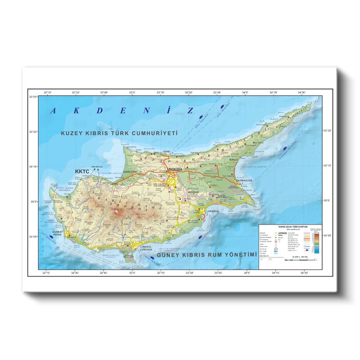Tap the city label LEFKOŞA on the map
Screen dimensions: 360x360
tap(174, 169)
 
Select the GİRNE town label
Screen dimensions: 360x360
tap(167, 152)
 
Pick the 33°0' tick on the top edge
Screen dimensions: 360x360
tap(132, 93)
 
